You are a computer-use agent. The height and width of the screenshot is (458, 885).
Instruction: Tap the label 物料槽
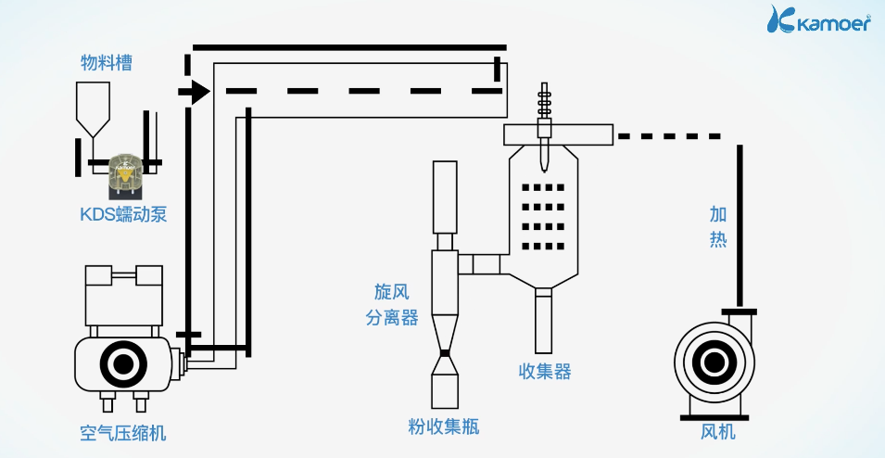point(106,62)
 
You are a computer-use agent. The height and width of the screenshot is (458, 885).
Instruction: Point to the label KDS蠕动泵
point(122,215)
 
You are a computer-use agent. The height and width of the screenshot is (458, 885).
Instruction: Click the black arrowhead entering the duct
point(196,92)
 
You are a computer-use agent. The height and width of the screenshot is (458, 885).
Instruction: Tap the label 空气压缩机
point(123,433)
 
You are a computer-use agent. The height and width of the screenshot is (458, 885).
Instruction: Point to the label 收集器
point(545,372)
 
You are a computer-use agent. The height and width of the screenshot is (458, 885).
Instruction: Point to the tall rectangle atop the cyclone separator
point(446,197)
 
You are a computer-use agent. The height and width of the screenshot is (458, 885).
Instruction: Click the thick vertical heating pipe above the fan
point(739,223)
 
